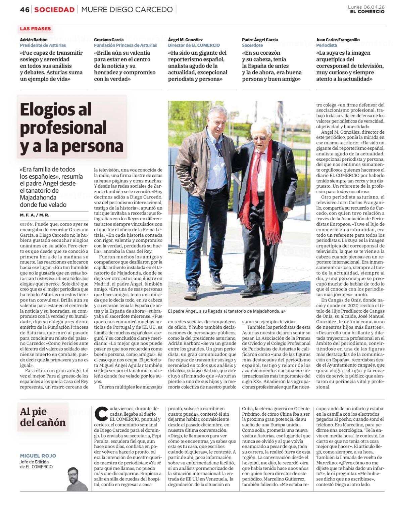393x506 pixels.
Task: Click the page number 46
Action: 24,9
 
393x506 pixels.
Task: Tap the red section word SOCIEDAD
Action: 54,9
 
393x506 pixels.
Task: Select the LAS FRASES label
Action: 35,29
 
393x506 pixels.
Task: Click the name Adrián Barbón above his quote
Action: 34,40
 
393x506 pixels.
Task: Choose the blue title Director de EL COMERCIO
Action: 194,45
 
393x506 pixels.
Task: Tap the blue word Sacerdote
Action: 252,45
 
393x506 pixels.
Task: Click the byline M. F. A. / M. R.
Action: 35,215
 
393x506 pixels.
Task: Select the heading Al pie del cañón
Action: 43,417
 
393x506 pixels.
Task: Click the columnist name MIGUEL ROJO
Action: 38,456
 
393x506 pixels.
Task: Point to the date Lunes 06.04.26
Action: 366,7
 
